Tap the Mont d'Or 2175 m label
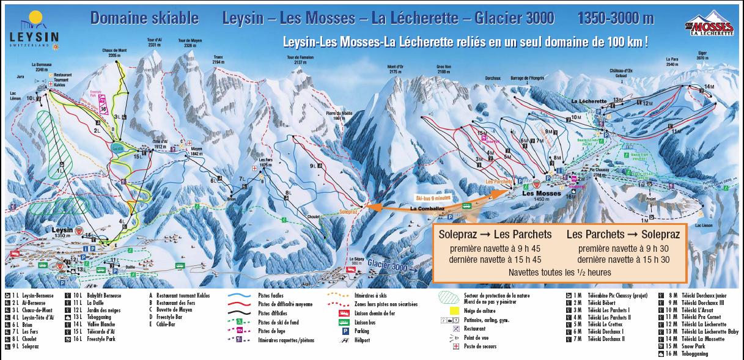point(397,69)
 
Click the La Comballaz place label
point(426,208)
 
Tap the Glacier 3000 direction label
point(391,265)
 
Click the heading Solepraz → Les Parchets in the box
point(495,235)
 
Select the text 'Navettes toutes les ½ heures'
point(559,273)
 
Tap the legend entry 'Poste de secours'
point(480,347)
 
